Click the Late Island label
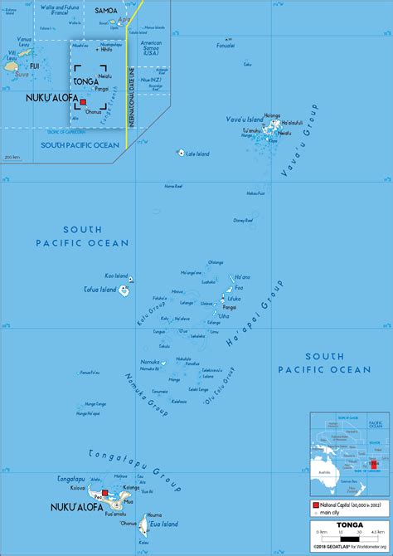(x=197, y=154)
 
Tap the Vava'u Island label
(x=245, y=119)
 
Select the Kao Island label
(x=115, y=276)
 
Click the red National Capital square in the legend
(x=317, y=505)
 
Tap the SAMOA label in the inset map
(x=106, y=10)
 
